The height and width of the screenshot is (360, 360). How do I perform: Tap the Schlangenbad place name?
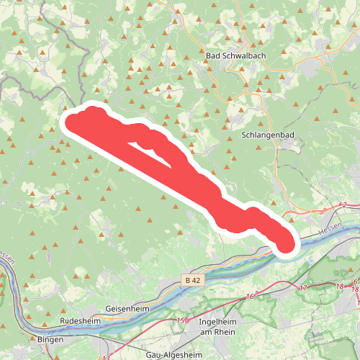click(267, 135)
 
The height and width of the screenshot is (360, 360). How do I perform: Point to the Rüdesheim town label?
click(80, 322)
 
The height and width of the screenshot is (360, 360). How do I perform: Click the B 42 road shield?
click(190, 279)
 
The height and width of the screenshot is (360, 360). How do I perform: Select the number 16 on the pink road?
click(250, 296)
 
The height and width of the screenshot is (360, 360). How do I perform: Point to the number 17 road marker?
click(302, 288)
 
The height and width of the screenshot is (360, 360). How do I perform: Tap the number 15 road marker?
click(181, 320)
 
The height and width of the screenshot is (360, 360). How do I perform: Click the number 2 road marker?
click(345, 206)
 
